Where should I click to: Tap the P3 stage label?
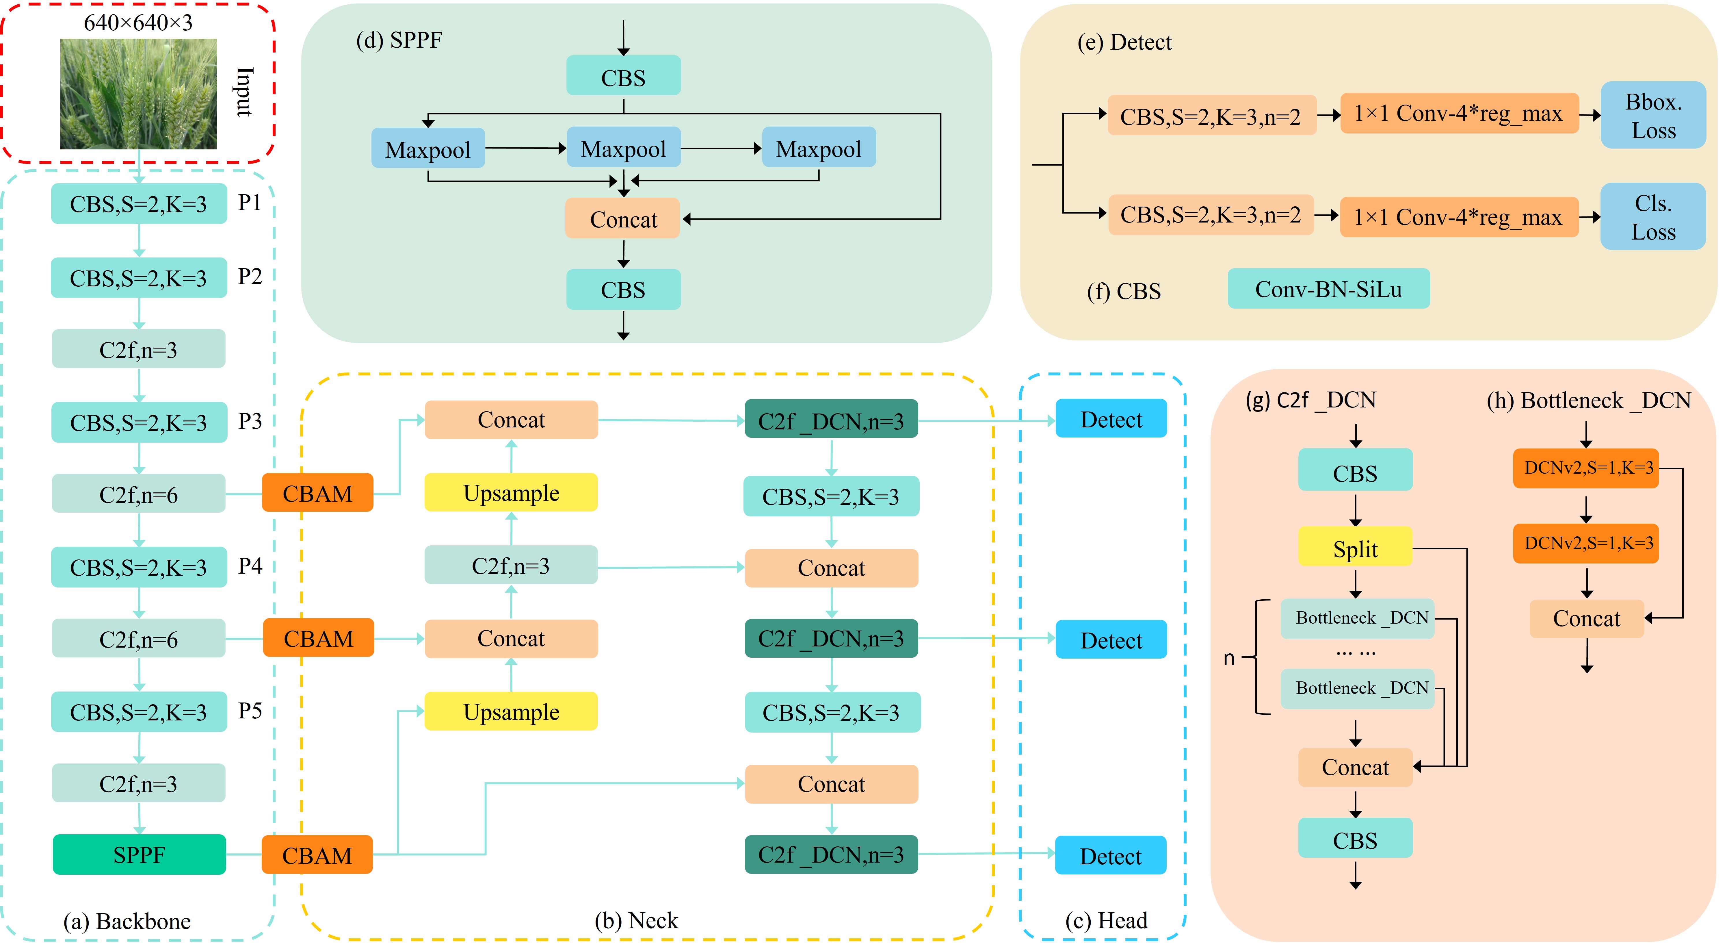(x=249, y=421)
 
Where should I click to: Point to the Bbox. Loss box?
(x=1652, y=115)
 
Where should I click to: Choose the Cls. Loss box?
(x=1652, y=217)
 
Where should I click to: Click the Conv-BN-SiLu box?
(x=1328, y=289)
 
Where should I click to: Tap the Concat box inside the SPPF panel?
(x=623, y=219)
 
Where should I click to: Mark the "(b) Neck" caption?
(x=635, y=920)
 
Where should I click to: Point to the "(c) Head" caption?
(x=1105, y=920)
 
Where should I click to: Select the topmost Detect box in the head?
(x=1111, y=419)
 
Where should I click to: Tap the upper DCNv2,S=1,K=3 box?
(x=1586, y=468)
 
